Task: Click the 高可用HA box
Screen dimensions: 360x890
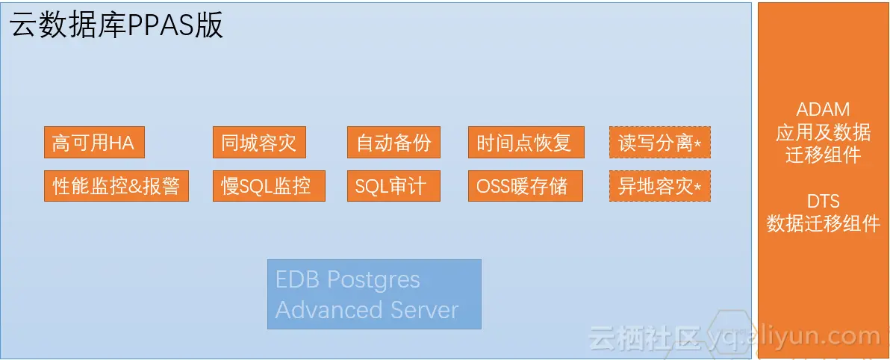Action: point(94,143)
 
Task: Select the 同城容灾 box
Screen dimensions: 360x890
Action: point(259,143)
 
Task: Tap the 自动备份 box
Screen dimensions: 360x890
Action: point(393,143)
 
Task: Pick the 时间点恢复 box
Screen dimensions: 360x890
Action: point(526,143)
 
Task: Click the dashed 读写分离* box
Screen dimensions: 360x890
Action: point(659,143)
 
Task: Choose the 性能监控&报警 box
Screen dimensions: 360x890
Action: point(116,186)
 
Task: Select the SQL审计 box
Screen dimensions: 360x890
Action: point(393,186)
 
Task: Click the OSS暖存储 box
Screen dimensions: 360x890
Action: point(526,186)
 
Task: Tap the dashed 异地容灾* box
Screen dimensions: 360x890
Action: point(659,186)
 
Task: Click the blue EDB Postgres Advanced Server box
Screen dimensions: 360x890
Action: point(374,294)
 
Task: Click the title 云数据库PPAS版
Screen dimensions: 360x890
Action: point(116,26)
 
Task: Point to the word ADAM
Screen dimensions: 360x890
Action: point(823,110)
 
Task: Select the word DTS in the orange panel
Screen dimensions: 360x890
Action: point(823,201)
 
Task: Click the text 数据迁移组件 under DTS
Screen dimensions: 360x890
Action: point(823,223)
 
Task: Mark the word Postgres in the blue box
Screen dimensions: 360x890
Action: point(374,280)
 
